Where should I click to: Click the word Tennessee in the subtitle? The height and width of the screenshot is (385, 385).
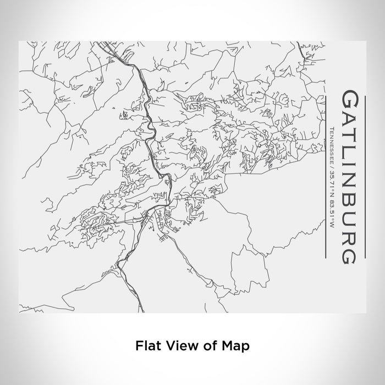click(x=332, y=144)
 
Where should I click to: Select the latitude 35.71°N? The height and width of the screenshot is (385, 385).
click(x=332, y=182)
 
